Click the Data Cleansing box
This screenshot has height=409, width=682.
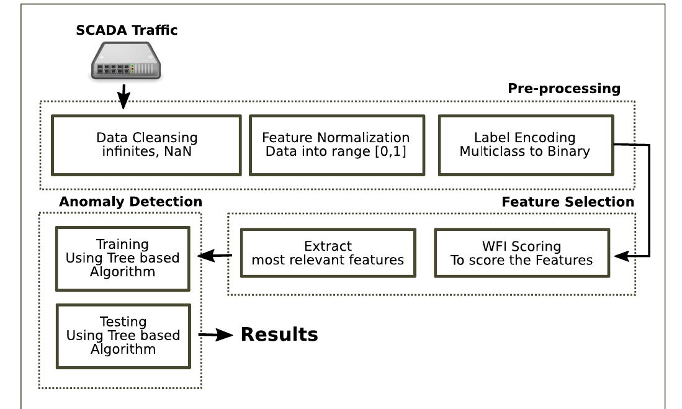click(x=147, y=145)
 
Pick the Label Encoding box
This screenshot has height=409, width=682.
click(x=525, y=145)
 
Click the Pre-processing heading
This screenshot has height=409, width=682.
click(x=563, y=89)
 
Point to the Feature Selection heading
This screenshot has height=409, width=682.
click(x=567, y=202)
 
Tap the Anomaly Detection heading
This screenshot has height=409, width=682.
click(x=130, y=202)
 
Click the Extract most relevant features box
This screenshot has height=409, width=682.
click(x=328, y=253)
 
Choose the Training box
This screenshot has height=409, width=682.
click(x=122, y=258)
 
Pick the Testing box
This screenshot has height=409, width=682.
click(x=122, y=335)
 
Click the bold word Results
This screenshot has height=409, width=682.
click(x=279, y=335)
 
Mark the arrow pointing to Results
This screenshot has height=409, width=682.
click(x=217, y=335)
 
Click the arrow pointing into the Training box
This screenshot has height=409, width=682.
click(x=215, y=255)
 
